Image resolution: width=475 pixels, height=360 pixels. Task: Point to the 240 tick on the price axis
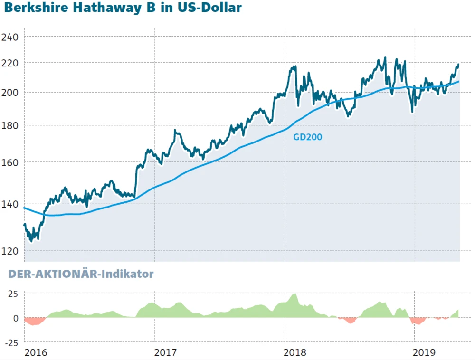(10, 37)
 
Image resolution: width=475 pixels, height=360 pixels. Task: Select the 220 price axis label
(10, 63)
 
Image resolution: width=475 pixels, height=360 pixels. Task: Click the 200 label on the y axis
(10, 92)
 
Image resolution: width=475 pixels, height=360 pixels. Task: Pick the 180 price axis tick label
(10, 125)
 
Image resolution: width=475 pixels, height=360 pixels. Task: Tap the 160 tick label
(10, 162)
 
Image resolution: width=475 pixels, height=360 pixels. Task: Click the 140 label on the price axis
(10, 205)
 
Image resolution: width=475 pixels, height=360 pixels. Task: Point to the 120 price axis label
(10, 251)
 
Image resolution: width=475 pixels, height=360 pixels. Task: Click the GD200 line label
(307, 138)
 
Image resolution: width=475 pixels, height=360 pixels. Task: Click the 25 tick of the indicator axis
(12, 294)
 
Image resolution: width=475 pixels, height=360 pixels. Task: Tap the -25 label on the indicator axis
(11, 342)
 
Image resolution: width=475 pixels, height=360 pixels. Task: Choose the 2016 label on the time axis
(36, 352)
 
